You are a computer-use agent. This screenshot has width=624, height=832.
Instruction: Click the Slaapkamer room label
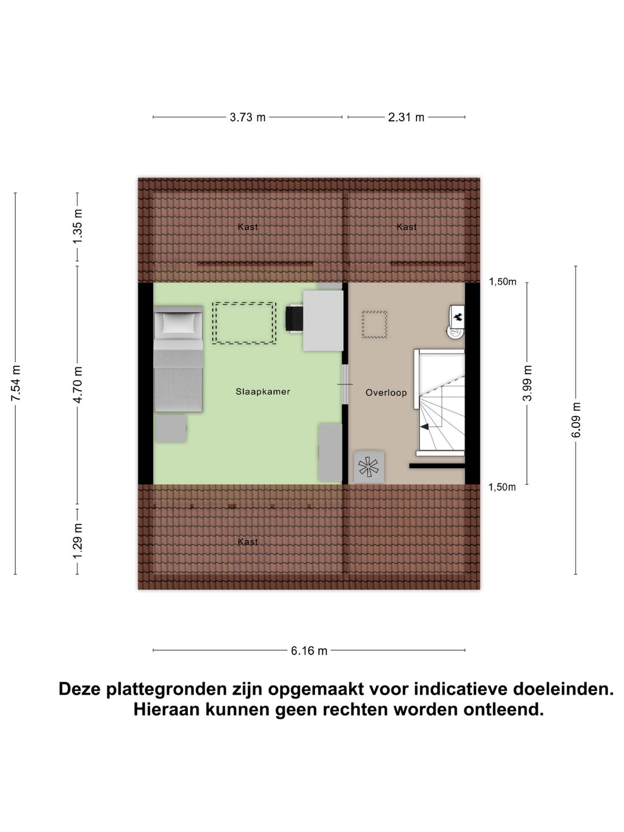pyautogui.click(x=262, y=392)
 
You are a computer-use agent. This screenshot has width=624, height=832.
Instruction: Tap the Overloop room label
pyautogui.click(x=386, y=393)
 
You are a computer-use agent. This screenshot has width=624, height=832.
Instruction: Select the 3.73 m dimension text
pyautogui.click(x=247, y=117)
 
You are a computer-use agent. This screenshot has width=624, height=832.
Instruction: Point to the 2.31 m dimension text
pyautogui.click(x=406, y=117)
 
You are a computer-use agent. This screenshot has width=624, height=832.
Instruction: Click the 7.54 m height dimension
pyautogui.click(x=16, y=384)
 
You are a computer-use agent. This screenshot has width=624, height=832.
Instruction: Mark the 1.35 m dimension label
pyautogui.click(x=77, y=226)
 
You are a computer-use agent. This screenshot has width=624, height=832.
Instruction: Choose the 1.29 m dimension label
pyautogui.click(x=77, y=541)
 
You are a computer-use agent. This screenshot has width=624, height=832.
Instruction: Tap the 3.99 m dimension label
pyautogui.click(x=527, y=383)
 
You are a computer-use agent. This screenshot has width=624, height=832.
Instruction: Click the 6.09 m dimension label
pyautogui.click(x=576, y=419)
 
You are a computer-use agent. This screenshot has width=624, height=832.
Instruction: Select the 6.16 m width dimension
pyautogui.click(x=309, y=651)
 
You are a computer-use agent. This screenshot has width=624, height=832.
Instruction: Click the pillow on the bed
pyautogui.click(x=178, y=324)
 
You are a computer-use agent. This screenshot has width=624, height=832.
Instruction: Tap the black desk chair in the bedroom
pyautogui.click(x=294, y=318)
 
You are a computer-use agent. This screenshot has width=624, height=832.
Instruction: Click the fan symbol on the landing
pyautogui.click(x=369, y=467)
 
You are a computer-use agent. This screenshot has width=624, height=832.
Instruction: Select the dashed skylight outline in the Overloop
pyautogui.click(x=374, y=324)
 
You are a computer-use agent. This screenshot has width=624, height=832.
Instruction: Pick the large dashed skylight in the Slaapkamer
pyautogui.click(x=244, y=324)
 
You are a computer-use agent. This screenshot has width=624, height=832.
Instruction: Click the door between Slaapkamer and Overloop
pyautogui.click(x=345, y=384)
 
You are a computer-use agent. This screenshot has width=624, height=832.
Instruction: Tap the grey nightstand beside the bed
pyautogui.click(x=170, y=429)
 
